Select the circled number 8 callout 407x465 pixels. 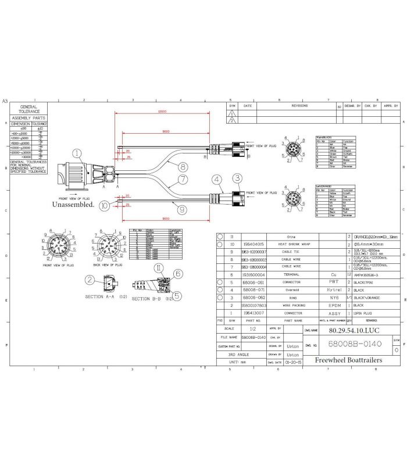[x=182, y=166]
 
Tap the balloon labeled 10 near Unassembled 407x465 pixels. [x=103, y=205]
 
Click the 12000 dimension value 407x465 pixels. [x=161, y=111]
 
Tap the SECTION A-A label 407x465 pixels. [x=102, y=296]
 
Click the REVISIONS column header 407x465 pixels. [x=299, y=106]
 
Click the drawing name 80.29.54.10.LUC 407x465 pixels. [x=349, y=329]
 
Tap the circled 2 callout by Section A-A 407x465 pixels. [x=90, y=280]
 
